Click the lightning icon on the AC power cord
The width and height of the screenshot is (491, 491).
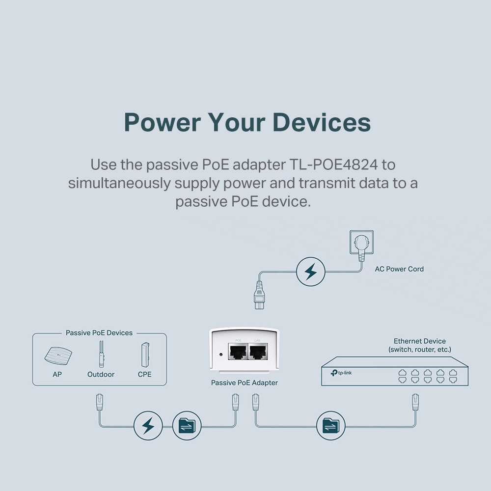(x=311, y=271)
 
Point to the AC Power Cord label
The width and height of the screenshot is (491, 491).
(x=399, y=269)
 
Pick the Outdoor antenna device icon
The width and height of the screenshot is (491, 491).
(x=101, y=354)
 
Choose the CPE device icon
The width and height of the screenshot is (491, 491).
(x=144, y=354)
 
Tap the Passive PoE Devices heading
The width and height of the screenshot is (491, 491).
(x=99, y=333)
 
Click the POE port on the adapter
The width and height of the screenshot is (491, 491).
(x=238, y=352)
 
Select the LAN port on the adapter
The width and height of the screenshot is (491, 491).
(x=258, y=352)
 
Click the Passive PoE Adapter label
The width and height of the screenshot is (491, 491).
(x=245, y=382)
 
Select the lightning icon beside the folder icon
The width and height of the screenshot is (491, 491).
(x=148, y=425)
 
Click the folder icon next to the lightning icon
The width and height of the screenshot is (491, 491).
(x=187, y=425)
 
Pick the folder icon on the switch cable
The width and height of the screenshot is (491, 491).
(x=331, y=425)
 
